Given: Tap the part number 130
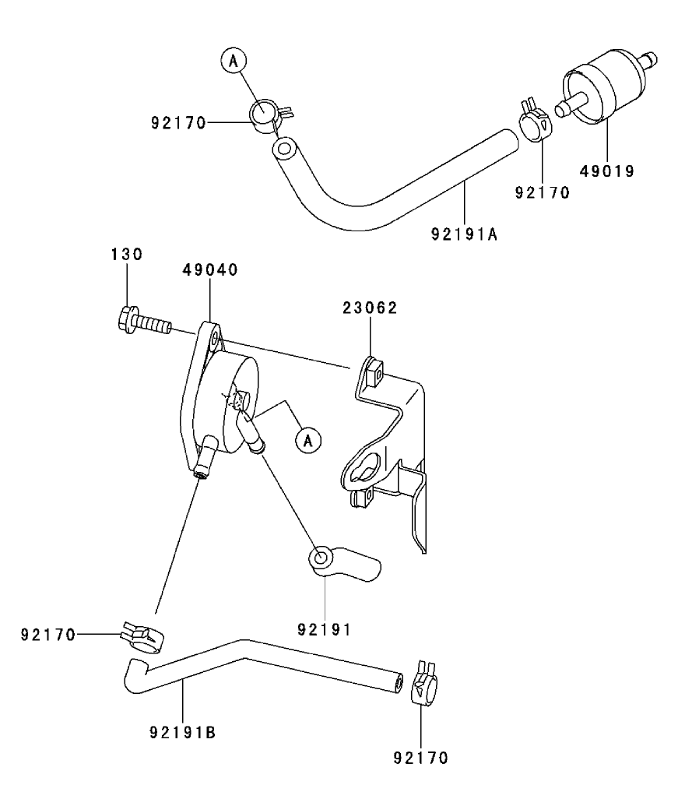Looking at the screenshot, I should [125, 254].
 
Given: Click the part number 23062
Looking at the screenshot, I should [370, 308].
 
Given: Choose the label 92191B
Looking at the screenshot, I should [182, 732].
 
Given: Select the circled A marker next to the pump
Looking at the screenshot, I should [308, 441].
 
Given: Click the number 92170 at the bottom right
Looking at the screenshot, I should [421, 756].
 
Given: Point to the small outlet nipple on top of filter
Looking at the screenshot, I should [648, 59].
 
